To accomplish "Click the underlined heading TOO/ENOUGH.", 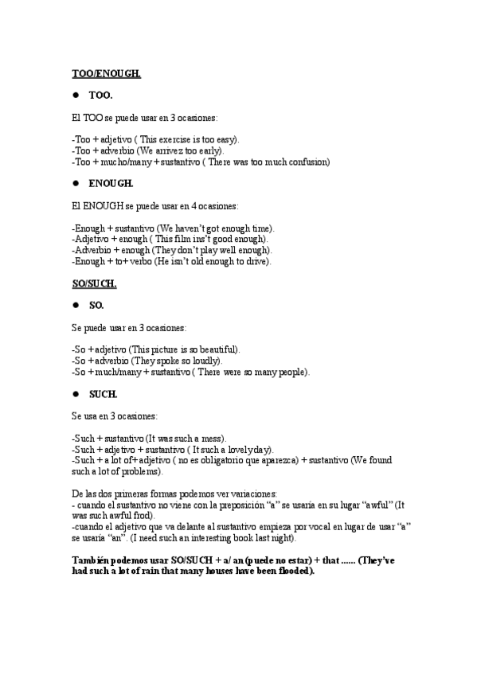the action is (106, 73).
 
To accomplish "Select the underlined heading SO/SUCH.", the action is (94, 283).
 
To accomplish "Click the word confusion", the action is (304, 162).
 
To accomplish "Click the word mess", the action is (211, 438).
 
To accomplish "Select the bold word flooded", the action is (291, 571).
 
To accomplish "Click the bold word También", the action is (92, 560).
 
